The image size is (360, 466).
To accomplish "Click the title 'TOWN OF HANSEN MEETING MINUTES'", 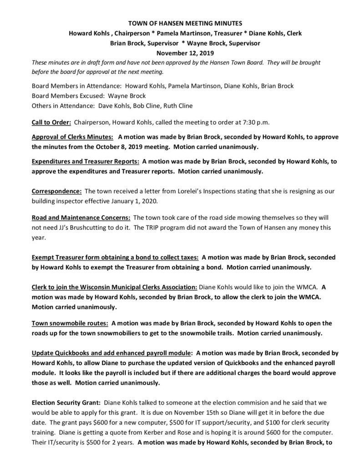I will pos(179,23).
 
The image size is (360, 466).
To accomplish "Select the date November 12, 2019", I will pos(179,53).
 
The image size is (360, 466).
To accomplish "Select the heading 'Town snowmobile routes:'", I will pos(70,324).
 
